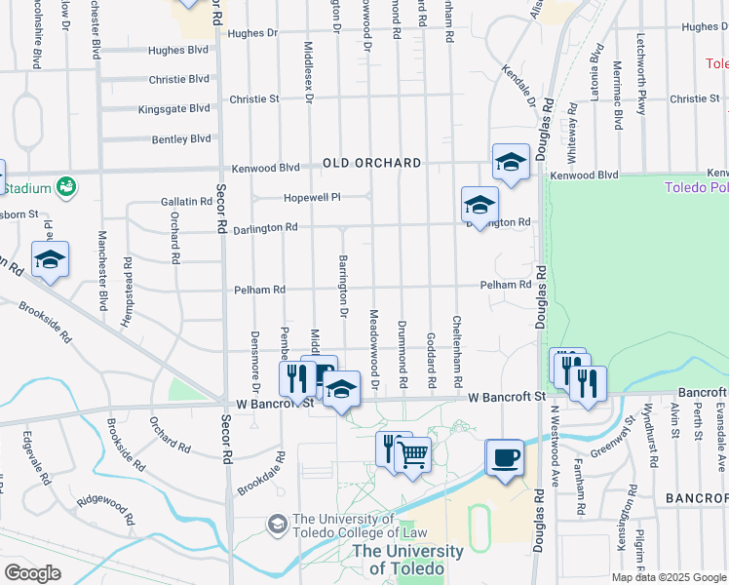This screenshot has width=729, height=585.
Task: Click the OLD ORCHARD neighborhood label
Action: pos(372,163)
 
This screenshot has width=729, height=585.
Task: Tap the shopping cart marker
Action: pos(413,453)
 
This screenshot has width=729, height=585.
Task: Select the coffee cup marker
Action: pos(505,457)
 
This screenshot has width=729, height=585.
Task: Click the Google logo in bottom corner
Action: pos(32,573)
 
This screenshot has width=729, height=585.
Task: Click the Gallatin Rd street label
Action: pos(186,201)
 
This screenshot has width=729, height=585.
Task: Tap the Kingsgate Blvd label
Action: pos(173,108)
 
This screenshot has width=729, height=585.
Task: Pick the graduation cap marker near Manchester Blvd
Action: pos(50,259)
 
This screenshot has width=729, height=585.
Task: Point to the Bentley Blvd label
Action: pos(181,139)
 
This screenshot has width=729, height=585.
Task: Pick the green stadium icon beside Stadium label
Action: pos(66,185)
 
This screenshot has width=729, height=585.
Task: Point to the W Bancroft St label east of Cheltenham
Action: pos(506,397)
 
